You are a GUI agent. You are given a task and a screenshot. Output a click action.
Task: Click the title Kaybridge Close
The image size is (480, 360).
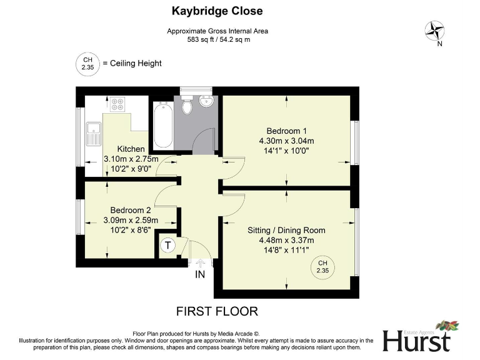pyautogui.click(x=217, y=11)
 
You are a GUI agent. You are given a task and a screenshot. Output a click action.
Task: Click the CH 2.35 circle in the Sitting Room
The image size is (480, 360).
pyautogui.click(x=322, y=267)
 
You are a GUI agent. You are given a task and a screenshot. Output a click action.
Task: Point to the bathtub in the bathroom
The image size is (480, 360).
pyautogui.click(x=163, y=125)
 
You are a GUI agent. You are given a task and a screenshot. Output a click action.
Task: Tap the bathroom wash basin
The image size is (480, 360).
pyautogui.click(x=206, y=102)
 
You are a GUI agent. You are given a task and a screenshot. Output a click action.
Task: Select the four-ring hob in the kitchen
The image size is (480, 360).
pyautogui.click(x=117, y=104)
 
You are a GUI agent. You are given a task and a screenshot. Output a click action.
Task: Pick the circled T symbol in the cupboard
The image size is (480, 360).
pyautogui.click(x=167, y=246)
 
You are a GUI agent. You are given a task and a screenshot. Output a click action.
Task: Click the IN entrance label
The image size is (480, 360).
pyautogui.click(x=200, y=275)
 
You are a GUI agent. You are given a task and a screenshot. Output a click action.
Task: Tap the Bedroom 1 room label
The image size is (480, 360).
pyautogui.click(x=287, y=131)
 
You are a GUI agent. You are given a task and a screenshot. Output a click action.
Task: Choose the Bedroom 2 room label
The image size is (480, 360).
pyautogui.click(x=131, y=210)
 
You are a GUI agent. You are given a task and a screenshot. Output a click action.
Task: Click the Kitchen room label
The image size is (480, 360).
pyautogui.click(x=131, y=149)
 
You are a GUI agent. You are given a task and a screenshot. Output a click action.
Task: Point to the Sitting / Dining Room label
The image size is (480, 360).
pyautogui.click(x=286, y=230)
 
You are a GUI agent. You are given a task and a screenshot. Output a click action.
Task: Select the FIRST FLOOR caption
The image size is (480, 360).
pyautogui.click(x=217, y=311)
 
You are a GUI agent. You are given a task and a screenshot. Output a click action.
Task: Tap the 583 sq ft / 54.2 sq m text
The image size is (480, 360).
pyautogui.click(x=217, y=39)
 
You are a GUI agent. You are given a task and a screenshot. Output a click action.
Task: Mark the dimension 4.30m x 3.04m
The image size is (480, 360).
pyautogui.click(x=287, y=141)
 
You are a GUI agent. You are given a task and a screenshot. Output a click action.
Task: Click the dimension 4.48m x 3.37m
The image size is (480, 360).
pyautogui.click(x=286, y=240)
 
